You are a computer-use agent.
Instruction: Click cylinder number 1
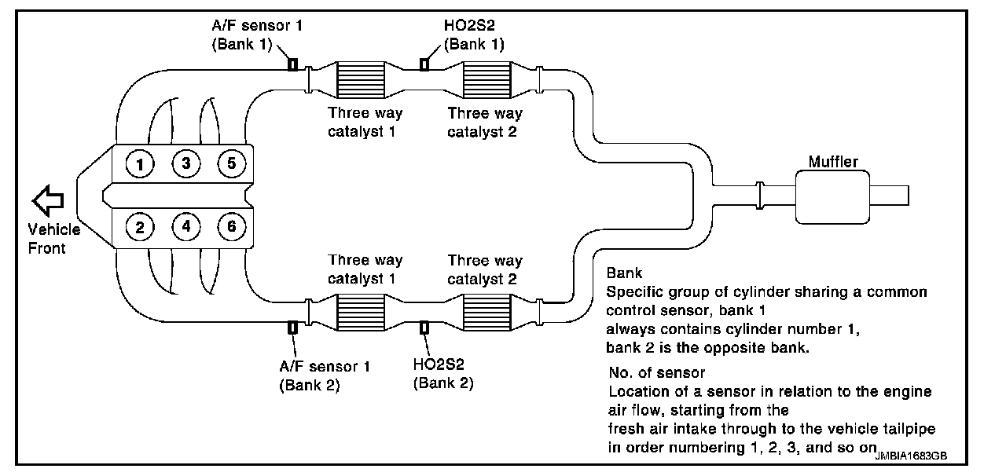coord(139,164)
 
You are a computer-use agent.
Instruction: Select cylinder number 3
coord(186,164)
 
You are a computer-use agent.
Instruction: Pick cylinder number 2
coord(139,228)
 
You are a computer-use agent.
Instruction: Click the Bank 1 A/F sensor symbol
coord(292,64)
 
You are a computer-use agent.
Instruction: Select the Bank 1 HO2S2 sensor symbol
coord(424,64)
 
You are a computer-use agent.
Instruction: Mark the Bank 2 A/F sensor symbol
coord(292,328)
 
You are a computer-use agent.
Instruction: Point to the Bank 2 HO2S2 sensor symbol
coord(424,328)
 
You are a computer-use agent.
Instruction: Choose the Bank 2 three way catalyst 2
coord(486,312)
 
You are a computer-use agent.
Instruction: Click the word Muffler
coord(833,163)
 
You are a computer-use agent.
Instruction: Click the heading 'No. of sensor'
coord(657,372)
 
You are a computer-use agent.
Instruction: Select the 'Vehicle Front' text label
coord(54,239)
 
